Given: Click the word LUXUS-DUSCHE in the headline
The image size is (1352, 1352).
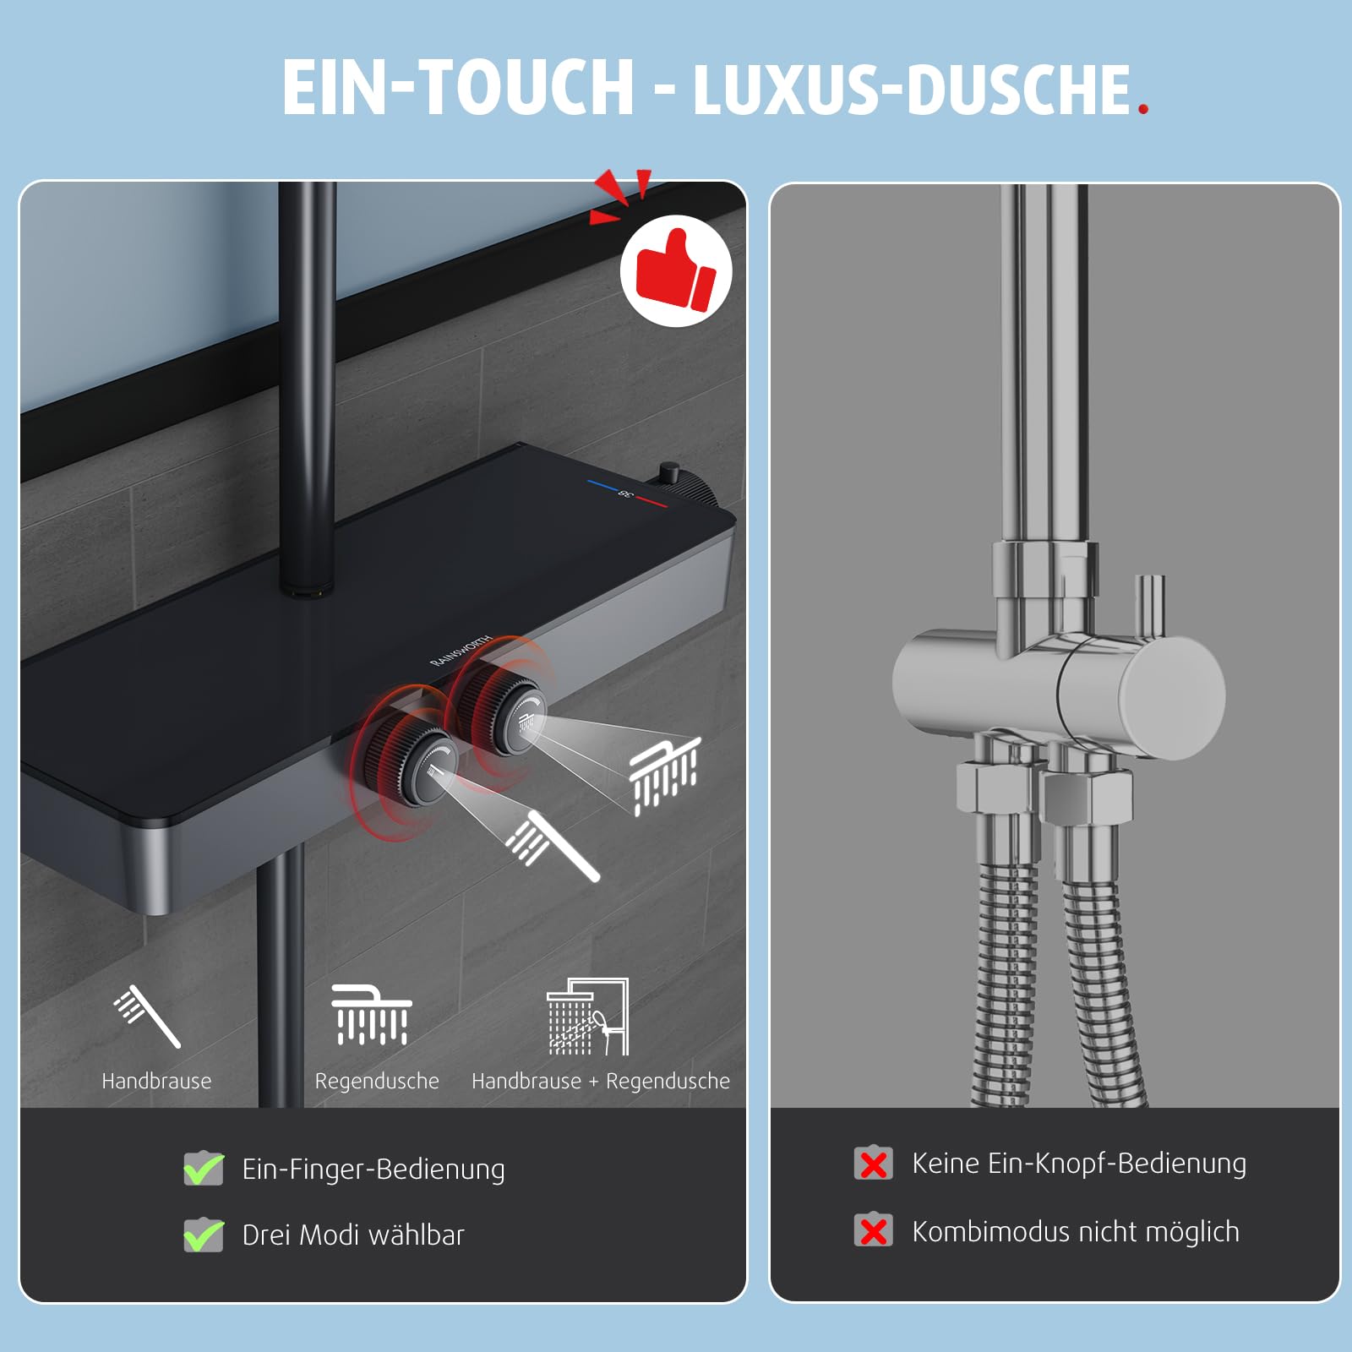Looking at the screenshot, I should click(911, 89).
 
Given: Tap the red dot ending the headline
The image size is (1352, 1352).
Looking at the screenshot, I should click(1143, 108).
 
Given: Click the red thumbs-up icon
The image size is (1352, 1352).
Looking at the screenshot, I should click(676, 271).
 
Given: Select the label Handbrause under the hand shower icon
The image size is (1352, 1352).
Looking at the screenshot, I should click(156, 1081).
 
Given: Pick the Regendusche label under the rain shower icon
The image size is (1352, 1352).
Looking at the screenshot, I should click(377, 1081).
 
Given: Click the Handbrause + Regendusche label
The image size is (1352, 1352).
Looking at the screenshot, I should click(600, 1081).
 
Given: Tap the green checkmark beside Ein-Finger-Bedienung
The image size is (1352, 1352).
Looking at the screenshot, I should click(204, 1169).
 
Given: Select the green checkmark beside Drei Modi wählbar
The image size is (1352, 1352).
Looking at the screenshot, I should click(204, 1235).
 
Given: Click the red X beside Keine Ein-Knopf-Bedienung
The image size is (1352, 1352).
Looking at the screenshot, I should click(873, 1164).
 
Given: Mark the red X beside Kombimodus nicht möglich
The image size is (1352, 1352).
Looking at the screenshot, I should click(873, 1230).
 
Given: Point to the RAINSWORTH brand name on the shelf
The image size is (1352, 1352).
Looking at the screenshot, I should click(461, 651).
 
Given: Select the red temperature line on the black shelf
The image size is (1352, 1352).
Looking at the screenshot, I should click(651, 503).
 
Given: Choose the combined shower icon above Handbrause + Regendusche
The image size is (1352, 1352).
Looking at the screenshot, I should click(588, 1017).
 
